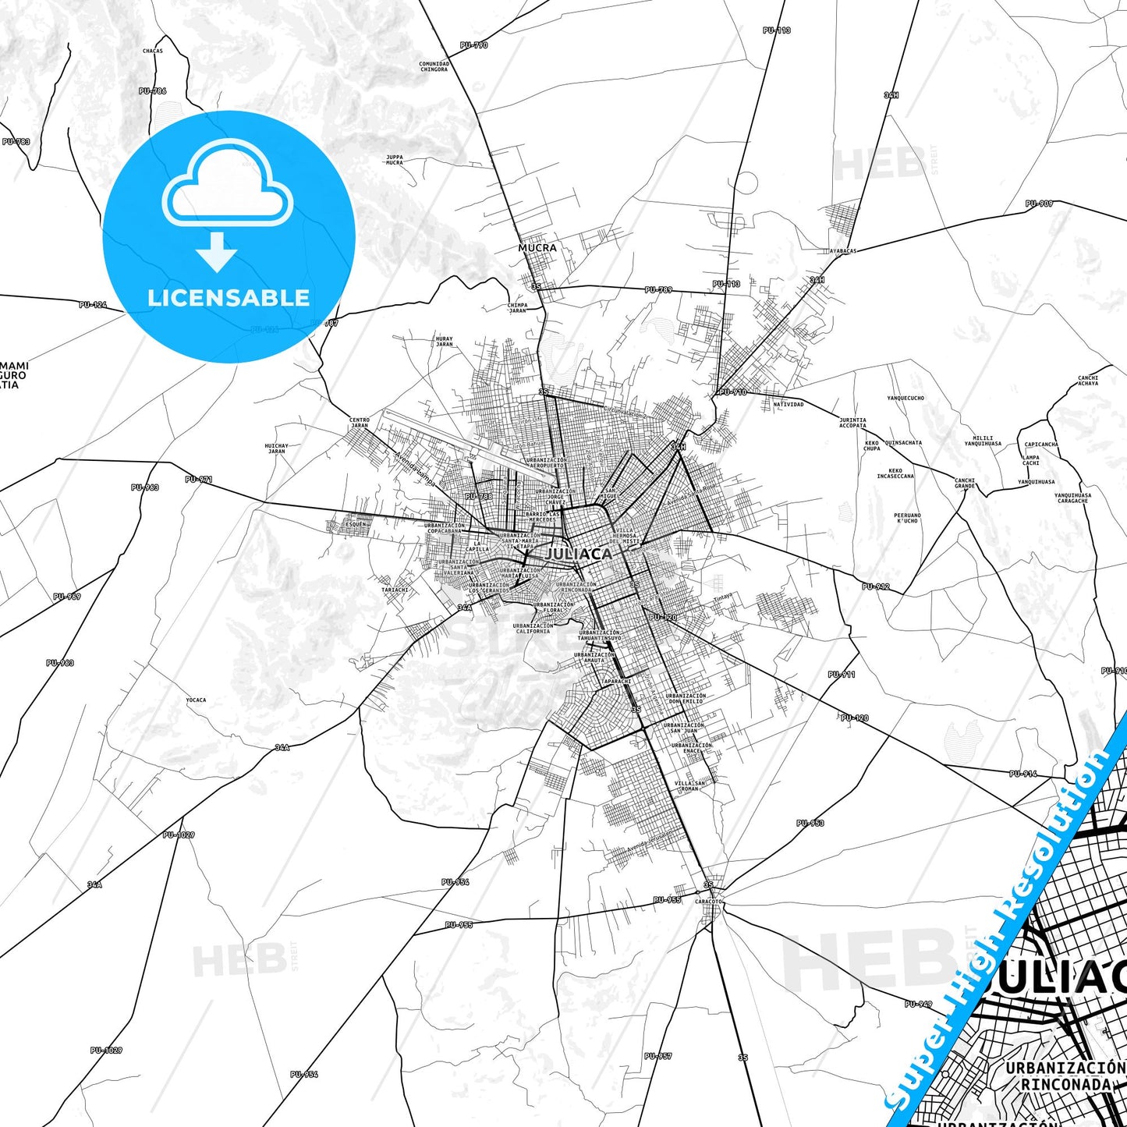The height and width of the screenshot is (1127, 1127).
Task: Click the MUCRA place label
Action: (x=537, y=248)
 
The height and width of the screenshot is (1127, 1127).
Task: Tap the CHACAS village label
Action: (x=153, y=51)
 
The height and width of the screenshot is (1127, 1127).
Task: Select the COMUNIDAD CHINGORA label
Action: (x=434, y=67)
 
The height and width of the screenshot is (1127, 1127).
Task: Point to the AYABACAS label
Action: (x=843, y=251)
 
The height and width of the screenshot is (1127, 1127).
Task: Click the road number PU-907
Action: (x=1039, y=204)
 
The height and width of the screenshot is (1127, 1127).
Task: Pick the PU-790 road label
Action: (x=473, y=45)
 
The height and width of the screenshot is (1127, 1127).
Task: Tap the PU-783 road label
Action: (x=16, y=142)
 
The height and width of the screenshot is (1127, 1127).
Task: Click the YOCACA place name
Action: (x=196, y=700)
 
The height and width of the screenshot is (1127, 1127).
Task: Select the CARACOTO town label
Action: (x=708, y=902)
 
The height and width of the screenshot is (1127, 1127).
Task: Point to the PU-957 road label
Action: (x=657, y=1056)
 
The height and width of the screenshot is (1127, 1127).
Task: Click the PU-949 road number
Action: (x=918, y=1004)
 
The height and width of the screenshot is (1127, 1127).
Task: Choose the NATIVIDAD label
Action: (x=788, y=405)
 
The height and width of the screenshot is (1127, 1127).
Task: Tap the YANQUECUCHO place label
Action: (x=905, y=398)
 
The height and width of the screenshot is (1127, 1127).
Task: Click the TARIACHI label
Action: (x=395, y=590)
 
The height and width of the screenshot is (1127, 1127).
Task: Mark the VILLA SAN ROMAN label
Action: (x=689, y=786)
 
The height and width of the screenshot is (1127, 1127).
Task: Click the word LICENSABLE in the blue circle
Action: (x=229, y=298)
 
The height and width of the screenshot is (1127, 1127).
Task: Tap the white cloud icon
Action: (x=227, y=183)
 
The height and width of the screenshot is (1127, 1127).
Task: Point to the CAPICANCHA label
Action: (x=1040, y=445)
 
